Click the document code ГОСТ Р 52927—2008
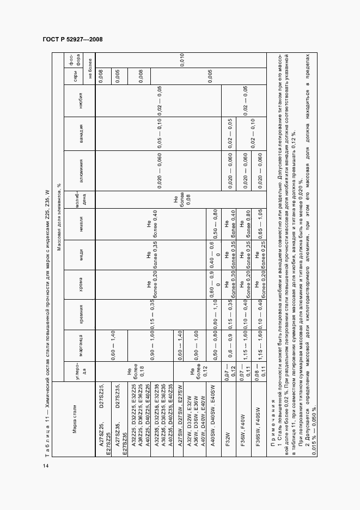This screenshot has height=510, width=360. coord(72,39)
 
